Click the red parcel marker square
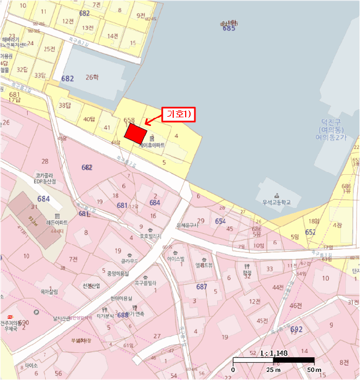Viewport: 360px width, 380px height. pos(136,133)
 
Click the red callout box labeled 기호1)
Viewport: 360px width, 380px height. pos(179,115)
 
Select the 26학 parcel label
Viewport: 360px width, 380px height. pos(93,78)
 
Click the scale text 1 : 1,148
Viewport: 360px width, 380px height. pos(274,352)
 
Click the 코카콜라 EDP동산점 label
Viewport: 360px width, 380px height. pos(47,179)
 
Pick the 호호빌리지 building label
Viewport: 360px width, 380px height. pos(151,236)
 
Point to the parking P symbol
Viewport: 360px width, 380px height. pos(36,313)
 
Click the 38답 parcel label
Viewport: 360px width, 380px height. pos(65,105)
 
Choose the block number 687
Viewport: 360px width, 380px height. pos(201,286)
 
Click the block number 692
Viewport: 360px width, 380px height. pos(296,329)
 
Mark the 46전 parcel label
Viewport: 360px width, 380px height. pos(295,306)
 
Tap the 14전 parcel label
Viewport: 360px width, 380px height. pos(112,36)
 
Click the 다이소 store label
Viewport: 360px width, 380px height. pos(31,366)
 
